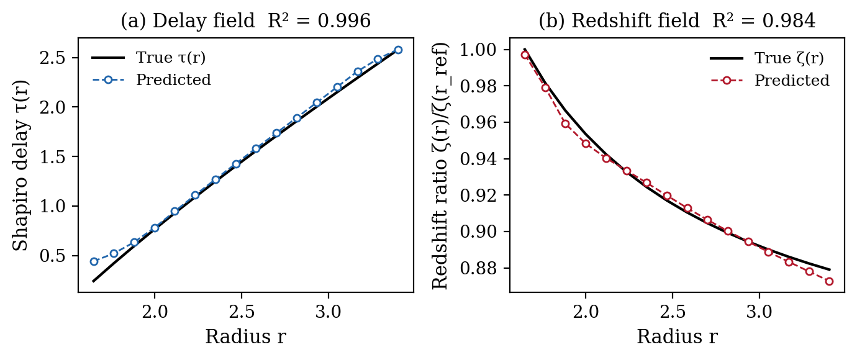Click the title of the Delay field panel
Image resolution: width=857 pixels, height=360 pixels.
245,21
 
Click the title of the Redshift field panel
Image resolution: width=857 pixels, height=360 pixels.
676,21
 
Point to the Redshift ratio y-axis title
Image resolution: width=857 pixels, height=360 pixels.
439,165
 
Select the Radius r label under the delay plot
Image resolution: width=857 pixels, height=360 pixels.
245,337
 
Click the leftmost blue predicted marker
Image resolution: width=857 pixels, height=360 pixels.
94,261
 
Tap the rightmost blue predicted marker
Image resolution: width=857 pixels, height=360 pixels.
398,50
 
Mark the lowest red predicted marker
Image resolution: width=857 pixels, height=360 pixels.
829,281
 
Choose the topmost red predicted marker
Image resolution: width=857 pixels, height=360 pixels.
525,55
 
